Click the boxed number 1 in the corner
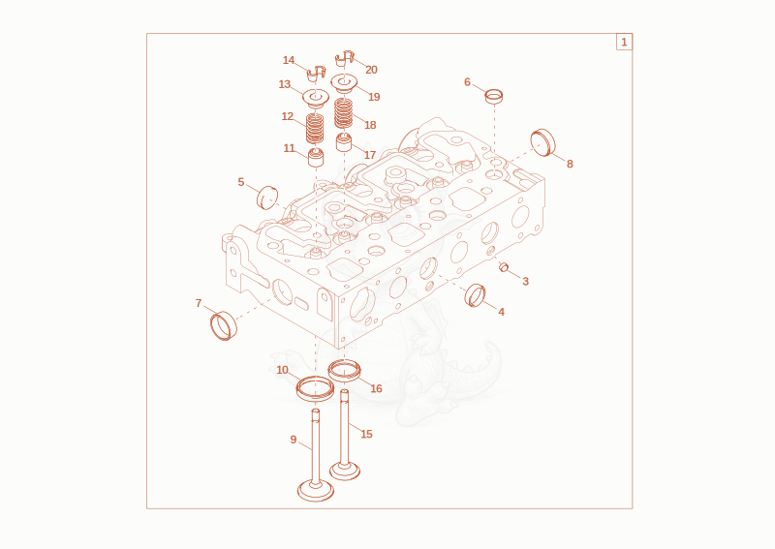coord(624,42)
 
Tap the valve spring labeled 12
coord(315,128)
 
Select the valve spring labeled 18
coord(344,113)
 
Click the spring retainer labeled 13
coord(316,98)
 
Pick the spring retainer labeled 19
coord(344,82)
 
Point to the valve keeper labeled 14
coord(317,75)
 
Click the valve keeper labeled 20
coord(345,58)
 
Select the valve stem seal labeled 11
coord(316,157)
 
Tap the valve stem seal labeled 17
coord(344,142)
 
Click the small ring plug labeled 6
coord(494,96)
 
